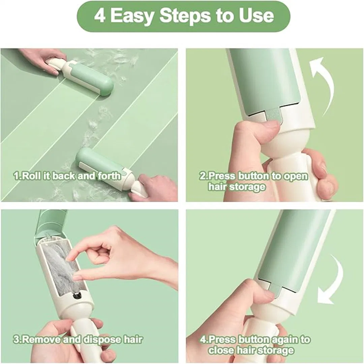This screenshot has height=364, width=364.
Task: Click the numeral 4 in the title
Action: (99, 16)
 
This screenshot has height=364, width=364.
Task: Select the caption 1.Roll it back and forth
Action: (67, 176)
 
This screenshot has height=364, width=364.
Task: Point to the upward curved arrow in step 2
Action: (324, 84)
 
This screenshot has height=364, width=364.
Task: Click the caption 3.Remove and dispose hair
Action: (78, 339)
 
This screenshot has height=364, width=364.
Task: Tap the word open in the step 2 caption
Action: (296, 176)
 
